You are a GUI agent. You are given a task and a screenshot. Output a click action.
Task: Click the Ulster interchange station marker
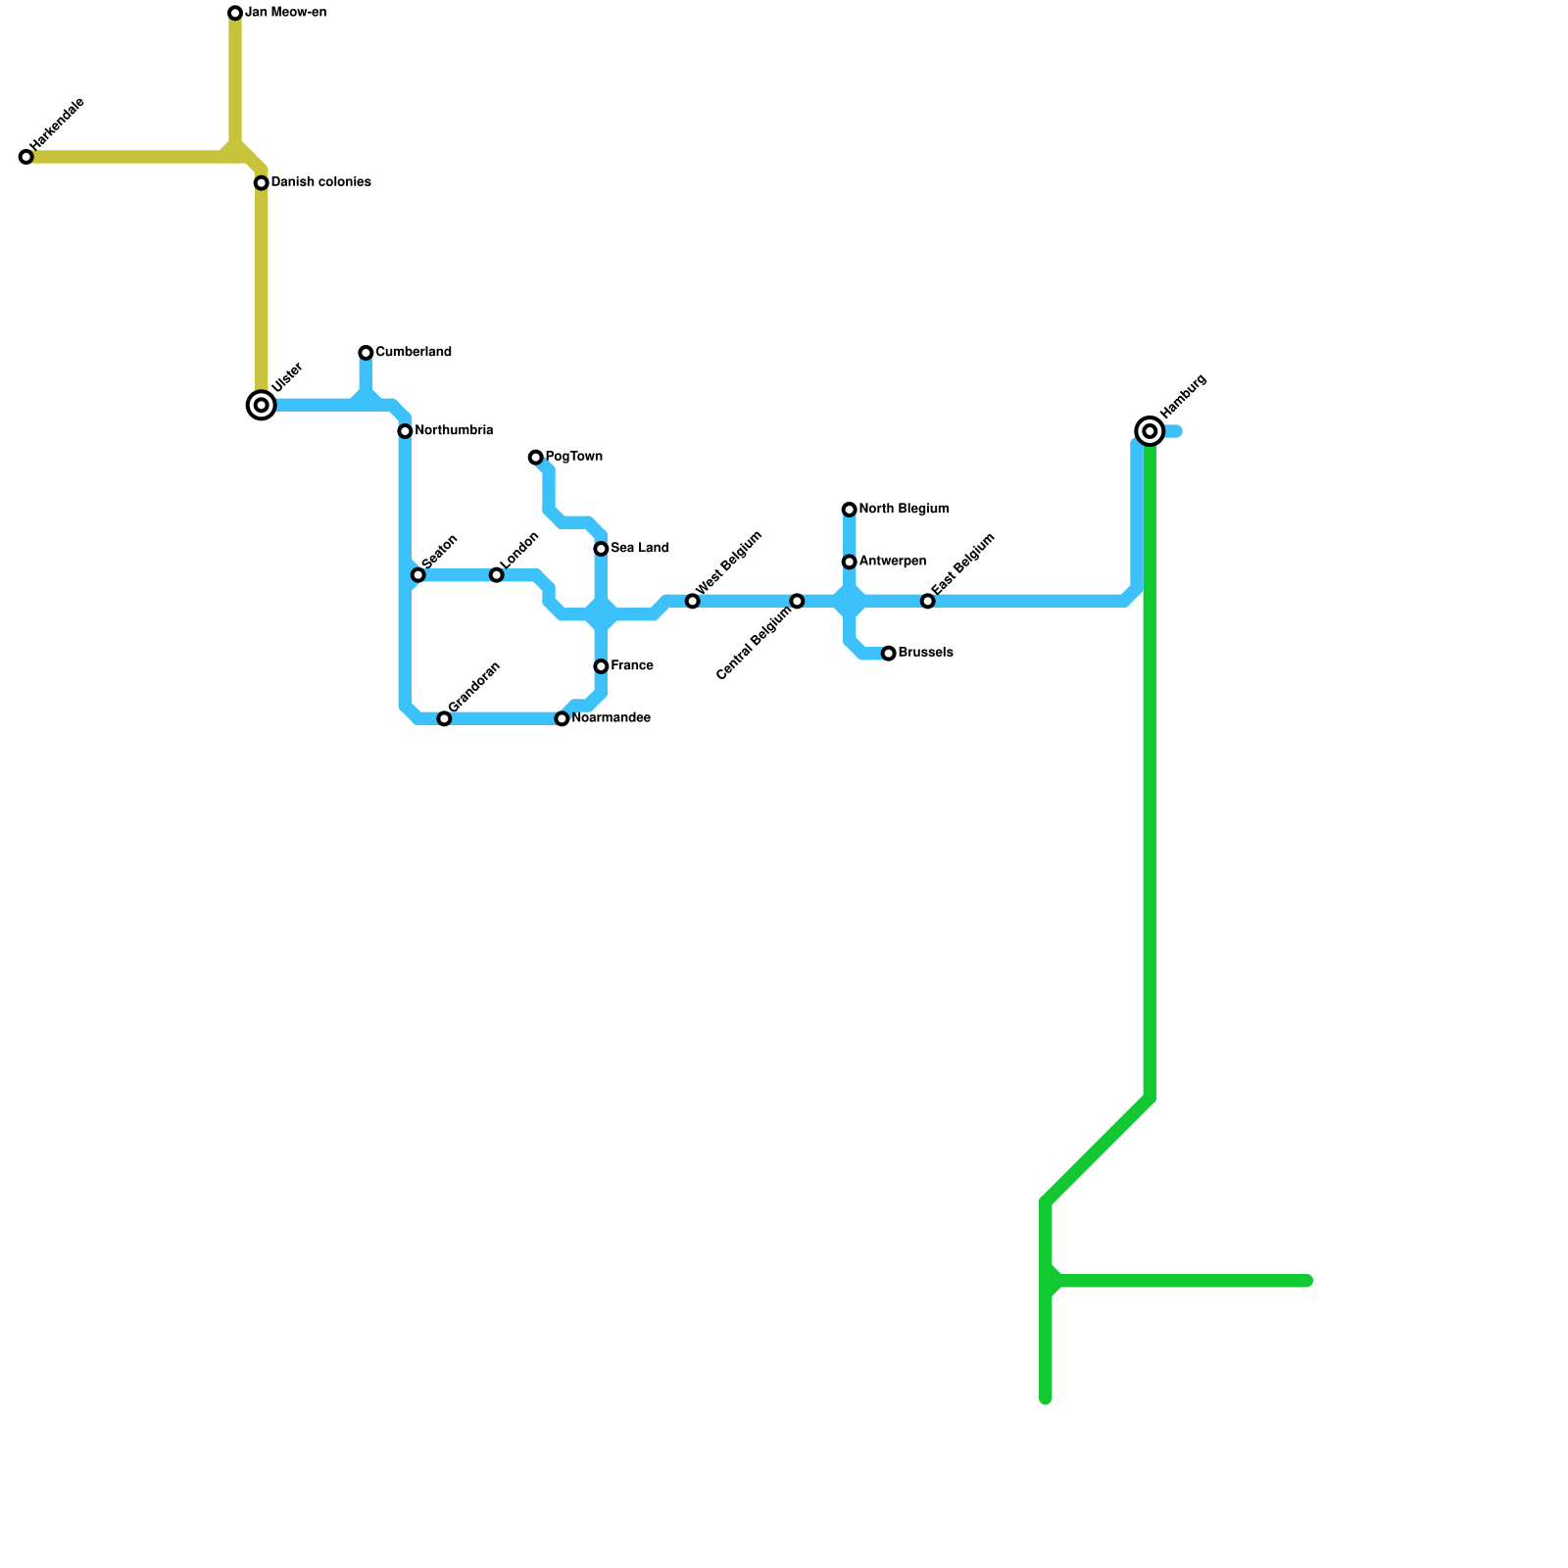pyautogui.click(x=262, y=405)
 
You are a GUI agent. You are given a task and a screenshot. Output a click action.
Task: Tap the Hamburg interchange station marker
pyautogui.click(x=1150, y=431)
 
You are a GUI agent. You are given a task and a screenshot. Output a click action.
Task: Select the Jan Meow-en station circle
pyautogui.click(x=235, y=13)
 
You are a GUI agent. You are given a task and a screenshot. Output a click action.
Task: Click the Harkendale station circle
pyautogui.click(x=26, y=157)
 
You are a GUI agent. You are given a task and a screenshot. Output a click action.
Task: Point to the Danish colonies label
pyautogui.click(x=320, y=182)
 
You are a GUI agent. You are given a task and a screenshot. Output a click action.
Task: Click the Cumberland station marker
pyautogui.click(x=366, y=353)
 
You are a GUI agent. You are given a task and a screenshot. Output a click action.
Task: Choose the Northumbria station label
pyautogui.click(x=453, y=431)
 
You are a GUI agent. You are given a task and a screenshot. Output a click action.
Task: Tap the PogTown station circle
pyautogui.click(x=535, y=458)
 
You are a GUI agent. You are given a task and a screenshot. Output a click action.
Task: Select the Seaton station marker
pyautogui.click(x=418, y=575)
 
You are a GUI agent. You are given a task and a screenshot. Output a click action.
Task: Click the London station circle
pyautogui.click(x=497, y=575)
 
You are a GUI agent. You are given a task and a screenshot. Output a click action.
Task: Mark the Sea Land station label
pyautogui.click(x=639, y=549)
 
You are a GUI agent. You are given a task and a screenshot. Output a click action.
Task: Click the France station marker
pyautogui.click(x=601, y=666)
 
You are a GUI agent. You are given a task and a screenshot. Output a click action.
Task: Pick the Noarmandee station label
pyautogui.click(x=611, y=718)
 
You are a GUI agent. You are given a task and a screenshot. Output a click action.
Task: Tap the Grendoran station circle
pyautogui.click(x=444, y=719)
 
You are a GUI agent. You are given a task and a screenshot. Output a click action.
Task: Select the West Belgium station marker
pyautogui.click(x=693, y=601)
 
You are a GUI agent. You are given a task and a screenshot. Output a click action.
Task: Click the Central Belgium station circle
pyautogui.click(x=797, y=601)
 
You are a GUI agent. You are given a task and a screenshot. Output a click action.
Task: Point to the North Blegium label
pyautogui.click(x=904, y=510)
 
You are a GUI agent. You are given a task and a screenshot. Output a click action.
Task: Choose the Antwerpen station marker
pyautogui.click(x=850, y=562)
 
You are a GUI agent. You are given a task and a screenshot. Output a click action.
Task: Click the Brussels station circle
pyautogui.click(x=889, y=654)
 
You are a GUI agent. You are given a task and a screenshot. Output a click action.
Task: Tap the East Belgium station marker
pyautogui.click(x=928, y=601)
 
